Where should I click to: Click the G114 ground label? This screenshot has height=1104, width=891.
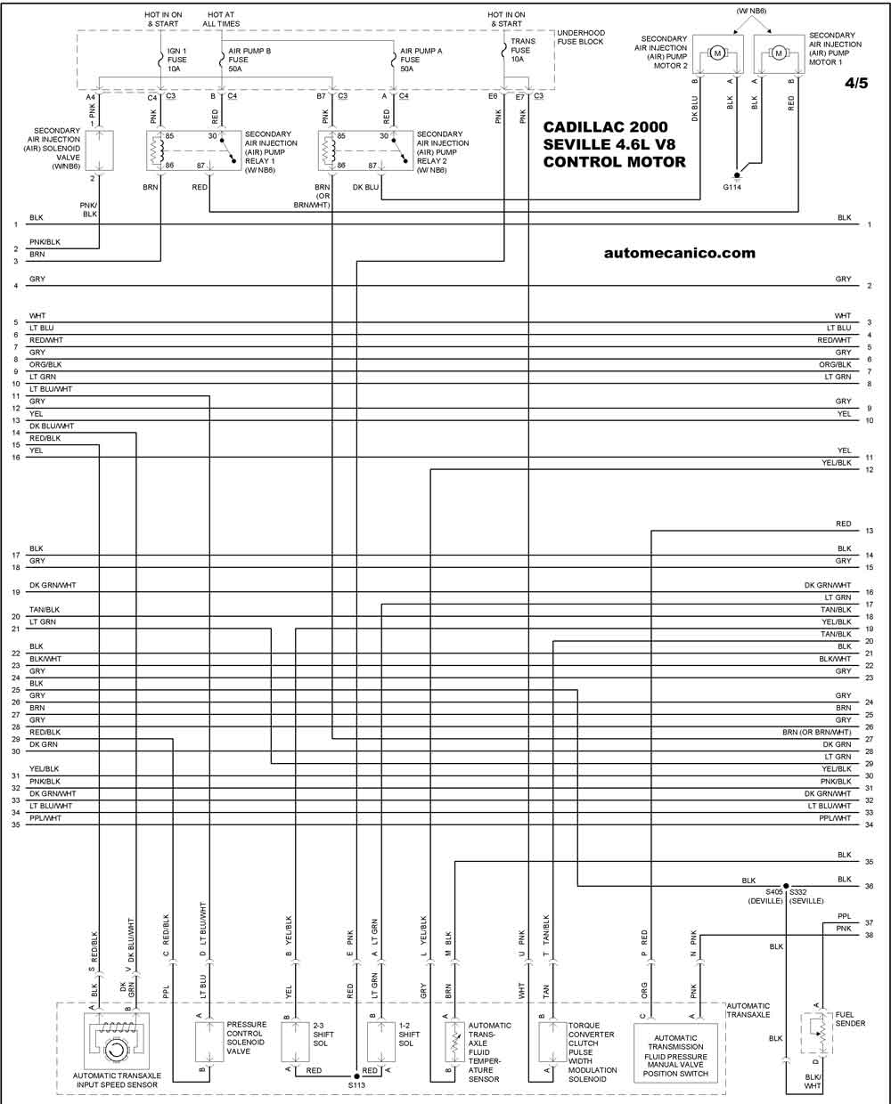[732, 187]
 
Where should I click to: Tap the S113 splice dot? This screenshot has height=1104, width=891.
[357, 1076]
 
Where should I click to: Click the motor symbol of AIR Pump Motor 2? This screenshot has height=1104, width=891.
[717, 53]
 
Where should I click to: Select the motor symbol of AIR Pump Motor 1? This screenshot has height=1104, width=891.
[779, 53]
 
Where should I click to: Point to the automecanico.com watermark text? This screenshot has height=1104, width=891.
[680, 253]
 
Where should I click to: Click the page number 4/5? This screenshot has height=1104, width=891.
[856, 83]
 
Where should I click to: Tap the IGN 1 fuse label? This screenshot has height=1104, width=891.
[176, 60]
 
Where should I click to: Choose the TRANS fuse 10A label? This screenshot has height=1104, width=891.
[522, 50]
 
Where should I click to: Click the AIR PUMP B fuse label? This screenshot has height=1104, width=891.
[249, 60]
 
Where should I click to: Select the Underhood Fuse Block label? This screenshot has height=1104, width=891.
[581, 37]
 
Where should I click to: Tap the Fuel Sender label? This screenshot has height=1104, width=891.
[850, 1019]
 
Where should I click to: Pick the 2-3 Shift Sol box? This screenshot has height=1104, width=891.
[295, 1042]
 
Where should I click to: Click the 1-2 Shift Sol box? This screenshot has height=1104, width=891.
[381, 1042]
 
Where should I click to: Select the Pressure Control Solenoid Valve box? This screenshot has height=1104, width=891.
[209, 1042]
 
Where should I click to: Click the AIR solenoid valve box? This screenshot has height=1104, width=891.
[99, 150]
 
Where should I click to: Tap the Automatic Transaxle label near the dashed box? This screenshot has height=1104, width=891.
[748, 1011]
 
